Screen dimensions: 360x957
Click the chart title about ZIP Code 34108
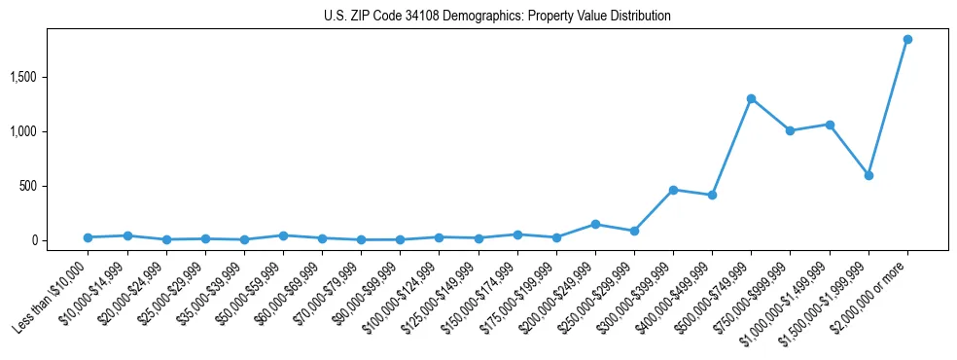(497, 17)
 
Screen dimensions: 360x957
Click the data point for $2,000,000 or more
(907, 40)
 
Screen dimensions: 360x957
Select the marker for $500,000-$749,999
(751, 98)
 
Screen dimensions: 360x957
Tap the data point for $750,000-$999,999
(790, 130)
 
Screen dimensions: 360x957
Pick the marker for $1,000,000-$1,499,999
(830, 125)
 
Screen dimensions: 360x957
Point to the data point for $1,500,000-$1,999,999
(868, 175)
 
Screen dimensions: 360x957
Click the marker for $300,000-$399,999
(673, 190)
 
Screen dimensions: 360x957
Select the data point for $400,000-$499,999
(712, 195)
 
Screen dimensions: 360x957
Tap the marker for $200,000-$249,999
(595, 224)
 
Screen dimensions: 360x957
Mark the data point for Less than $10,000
(88, 237)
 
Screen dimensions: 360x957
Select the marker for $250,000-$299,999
(634, 231)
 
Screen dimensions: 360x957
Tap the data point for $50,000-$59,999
(283, 235)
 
